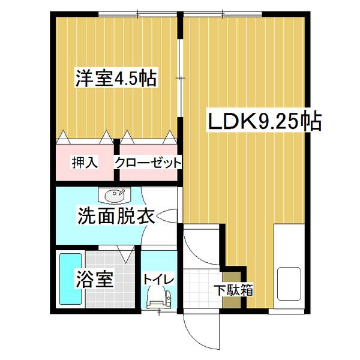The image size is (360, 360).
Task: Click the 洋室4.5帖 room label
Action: (116, 79)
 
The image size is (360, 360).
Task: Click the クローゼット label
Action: (148, 162)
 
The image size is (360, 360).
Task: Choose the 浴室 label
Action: (94, 279)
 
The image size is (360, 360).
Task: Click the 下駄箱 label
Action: (233, 290)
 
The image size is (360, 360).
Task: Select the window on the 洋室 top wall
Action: (137, 13)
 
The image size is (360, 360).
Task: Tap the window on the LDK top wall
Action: (224, 13)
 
